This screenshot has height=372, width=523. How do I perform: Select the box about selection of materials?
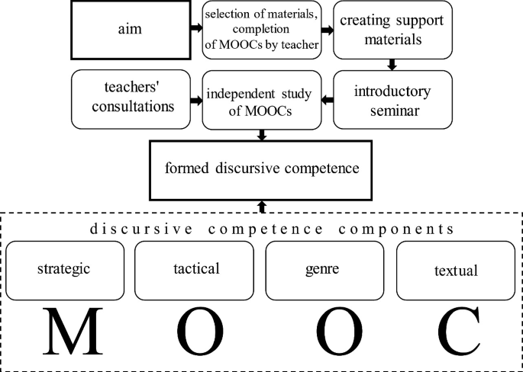point(262,30)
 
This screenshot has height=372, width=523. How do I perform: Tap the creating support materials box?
point(392,30)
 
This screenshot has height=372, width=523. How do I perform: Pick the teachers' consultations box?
point(131,99)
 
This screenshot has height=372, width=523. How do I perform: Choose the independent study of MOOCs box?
point(262,99)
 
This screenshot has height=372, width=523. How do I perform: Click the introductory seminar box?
point(392,99)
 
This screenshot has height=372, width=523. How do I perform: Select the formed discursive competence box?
point(262,166)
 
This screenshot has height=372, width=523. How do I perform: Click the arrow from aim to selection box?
point(198,29)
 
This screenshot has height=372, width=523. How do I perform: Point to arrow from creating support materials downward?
point(392,64)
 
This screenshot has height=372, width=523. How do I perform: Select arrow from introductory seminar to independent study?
point(327,98)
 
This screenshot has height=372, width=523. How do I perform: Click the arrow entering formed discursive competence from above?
point(262,135)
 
